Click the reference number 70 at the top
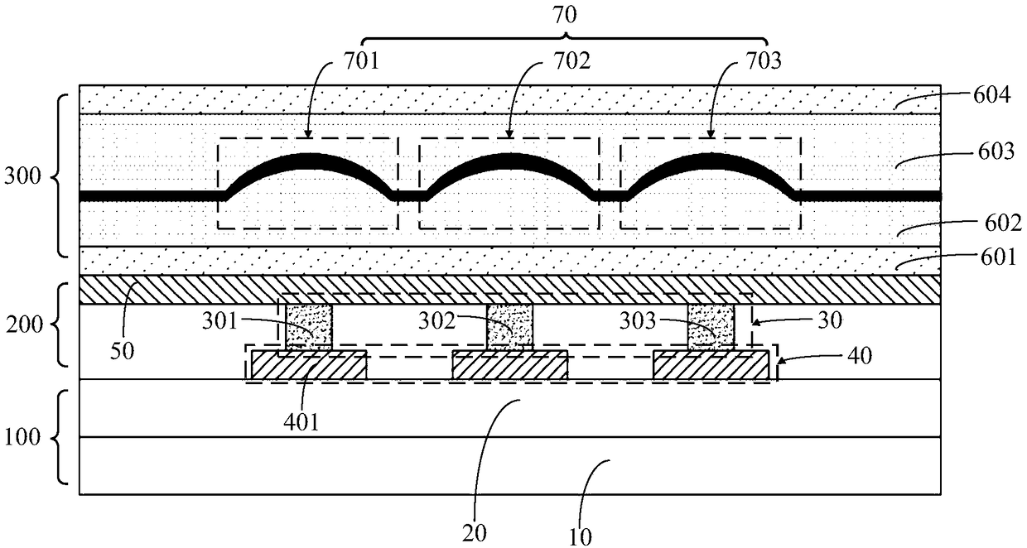tap(566, 14)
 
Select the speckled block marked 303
tap(711, 326)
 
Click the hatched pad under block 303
tap(711, 366)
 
